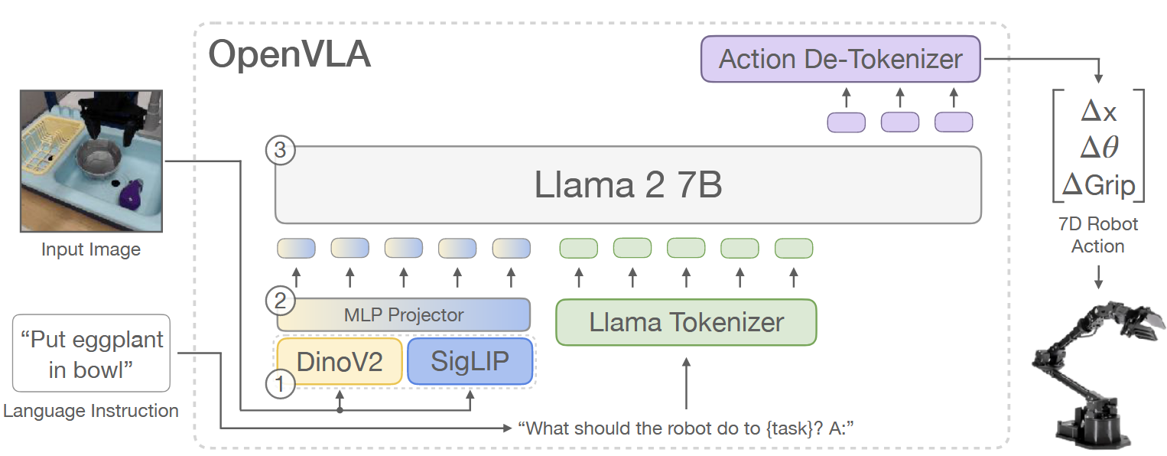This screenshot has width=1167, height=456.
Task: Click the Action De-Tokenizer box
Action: [x=840, y=60]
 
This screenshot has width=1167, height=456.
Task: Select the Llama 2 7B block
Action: [x=627, y=185]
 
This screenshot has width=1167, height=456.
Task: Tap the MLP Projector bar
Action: [x=403, y=314]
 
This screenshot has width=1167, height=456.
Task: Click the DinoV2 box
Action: [x=339, y=361]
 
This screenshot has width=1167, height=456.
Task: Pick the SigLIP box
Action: [x=470, y=361]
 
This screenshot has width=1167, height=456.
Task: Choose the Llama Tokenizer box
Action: [x=686, y=322]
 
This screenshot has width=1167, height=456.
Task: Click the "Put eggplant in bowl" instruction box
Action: [x=91, y=353]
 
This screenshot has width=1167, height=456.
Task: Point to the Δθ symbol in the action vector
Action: [x=1099, y=148]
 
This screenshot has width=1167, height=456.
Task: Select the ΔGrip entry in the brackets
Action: [x=1099, y=185]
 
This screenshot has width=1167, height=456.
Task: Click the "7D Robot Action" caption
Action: [x=1098, y=235]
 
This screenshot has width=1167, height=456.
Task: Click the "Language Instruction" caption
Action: [x=91, y=411]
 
